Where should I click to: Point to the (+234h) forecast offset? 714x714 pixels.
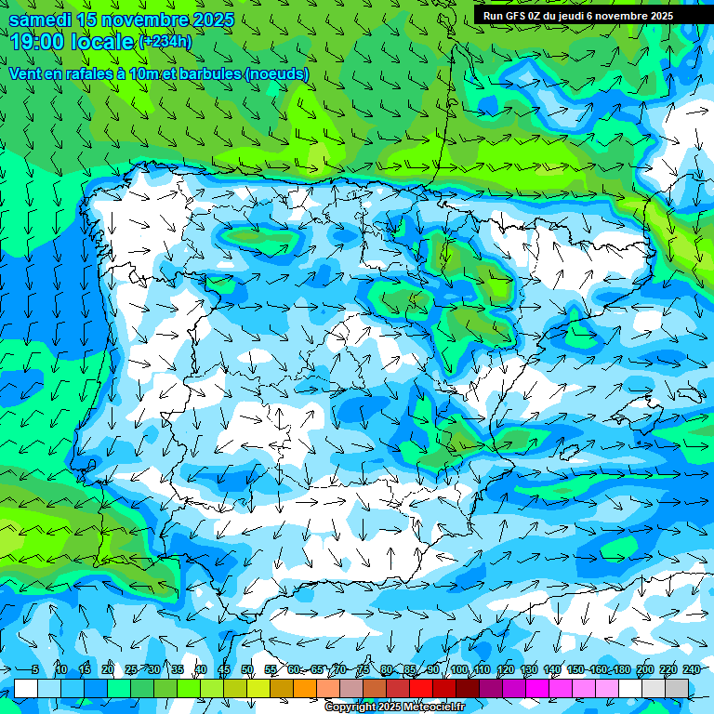[x=165, y=42]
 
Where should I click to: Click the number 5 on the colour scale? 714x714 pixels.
[x=34, y=670]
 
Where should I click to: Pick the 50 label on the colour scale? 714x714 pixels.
[x=247, y=670]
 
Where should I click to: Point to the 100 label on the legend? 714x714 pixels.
[x=458, y=670]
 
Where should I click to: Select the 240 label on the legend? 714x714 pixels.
[x=692, y=670]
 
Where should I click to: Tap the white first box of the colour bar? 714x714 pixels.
[x=26, y=688]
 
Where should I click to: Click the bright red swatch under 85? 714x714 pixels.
[x=421, y=688]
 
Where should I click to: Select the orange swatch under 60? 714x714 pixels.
[x=305, y=688]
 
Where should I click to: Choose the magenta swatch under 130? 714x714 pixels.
[x=537, y=688]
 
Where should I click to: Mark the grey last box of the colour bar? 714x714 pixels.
[x=677, y=688]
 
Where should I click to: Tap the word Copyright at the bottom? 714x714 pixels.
[x=350, y=707]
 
